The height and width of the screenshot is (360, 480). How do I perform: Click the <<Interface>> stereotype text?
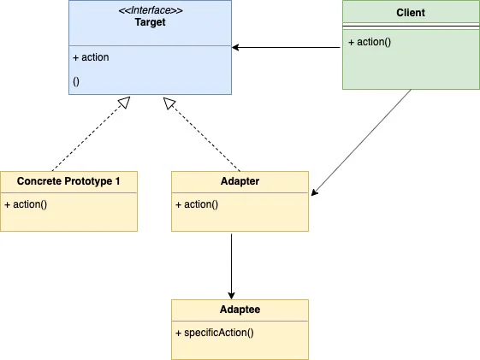tap(151, 10)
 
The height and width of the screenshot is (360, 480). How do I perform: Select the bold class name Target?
tap(150, 22)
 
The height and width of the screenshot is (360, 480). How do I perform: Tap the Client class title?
tap(411, 13)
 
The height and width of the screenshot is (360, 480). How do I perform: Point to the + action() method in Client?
tap(370, 42)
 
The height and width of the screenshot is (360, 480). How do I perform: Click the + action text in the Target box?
tap(91, 57)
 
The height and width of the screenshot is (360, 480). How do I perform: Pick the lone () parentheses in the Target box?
tap(76, 81)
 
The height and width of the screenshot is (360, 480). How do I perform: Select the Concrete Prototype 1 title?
tap(68, 181)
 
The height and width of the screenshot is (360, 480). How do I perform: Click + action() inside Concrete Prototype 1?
tap(26, 204)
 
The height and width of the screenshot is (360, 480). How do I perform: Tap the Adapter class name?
tap(240, 181)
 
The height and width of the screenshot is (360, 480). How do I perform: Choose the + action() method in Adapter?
tap(197, 204)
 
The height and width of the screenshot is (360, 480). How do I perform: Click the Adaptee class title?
tap(240, 310)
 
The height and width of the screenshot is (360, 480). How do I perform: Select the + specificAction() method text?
tap(215, 333)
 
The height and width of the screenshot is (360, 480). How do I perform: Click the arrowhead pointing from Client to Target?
tap(235, 47)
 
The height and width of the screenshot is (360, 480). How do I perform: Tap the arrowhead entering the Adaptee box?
tap(231, 296)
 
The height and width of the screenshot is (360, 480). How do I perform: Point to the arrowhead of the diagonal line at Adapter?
tap(314, 192)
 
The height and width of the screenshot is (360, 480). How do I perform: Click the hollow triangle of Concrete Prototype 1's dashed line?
tap(125, 102)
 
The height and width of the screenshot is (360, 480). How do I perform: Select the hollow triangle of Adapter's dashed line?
tap(169, 103)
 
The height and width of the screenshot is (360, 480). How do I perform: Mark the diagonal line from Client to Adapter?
tap(361, 143)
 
